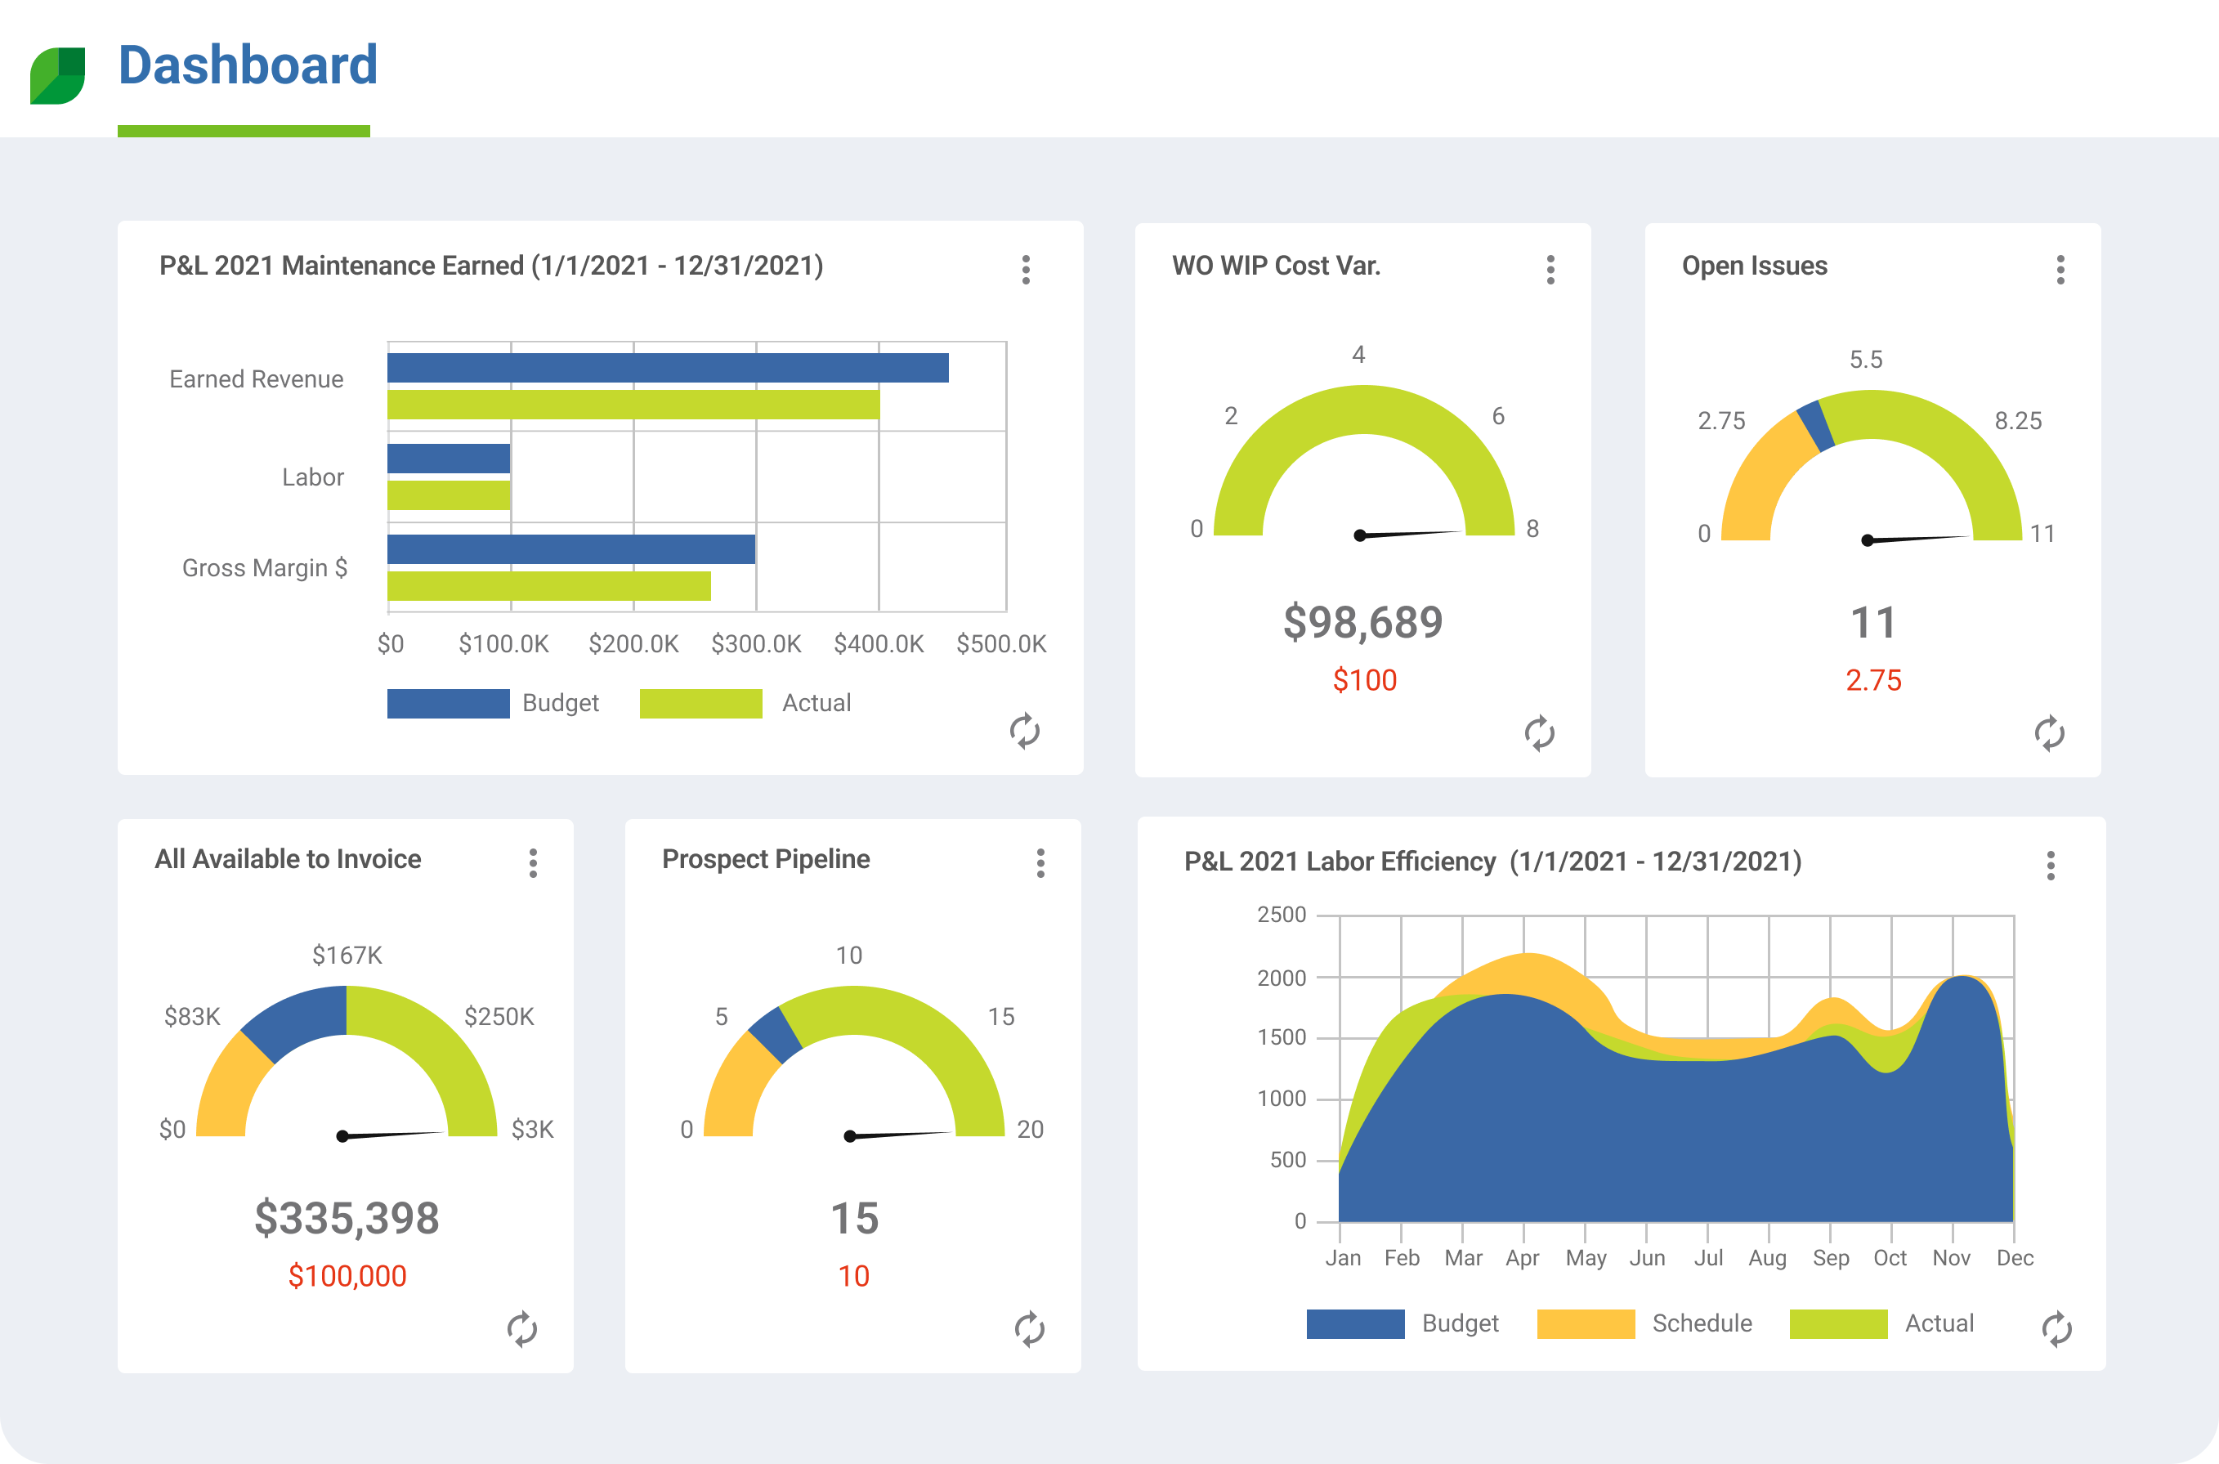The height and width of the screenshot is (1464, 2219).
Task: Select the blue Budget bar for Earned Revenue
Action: [668, 368]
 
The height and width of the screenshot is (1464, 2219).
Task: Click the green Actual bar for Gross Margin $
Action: [549, 586]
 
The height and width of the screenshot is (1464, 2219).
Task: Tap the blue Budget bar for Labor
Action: [448, 459]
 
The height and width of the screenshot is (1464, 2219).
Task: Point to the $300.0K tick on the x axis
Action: [756, 644]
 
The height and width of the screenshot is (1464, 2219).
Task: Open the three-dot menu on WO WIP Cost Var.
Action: [1550, 270]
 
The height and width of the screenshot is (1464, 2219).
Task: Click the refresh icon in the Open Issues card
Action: [2049, 734]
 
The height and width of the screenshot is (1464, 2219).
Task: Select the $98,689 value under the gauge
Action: [1363, 623]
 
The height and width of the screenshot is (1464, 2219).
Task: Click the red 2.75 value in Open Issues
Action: [1872, 681]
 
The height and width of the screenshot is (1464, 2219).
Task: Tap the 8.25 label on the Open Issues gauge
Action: [2018, 421]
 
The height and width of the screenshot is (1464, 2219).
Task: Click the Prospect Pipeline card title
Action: [766, 859]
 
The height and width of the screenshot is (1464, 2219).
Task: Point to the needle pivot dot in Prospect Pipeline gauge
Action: [849, 1136]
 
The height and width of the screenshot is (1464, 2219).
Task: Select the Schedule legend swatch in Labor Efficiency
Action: [1585, 1323]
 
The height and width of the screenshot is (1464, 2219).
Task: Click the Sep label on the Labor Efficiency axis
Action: [1831, 1259]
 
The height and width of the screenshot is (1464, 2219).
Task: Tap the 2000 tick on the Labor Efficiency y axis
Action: [1281, 978]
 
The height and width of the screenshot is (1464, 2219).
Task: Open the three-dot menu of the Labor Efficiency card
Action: [2051, 866]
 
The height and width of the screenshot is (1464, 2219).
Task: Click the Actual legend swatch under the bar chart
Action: [700, 703]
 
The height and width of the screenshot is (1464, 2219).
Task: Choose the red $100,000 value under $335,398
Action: [347, 1276]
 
